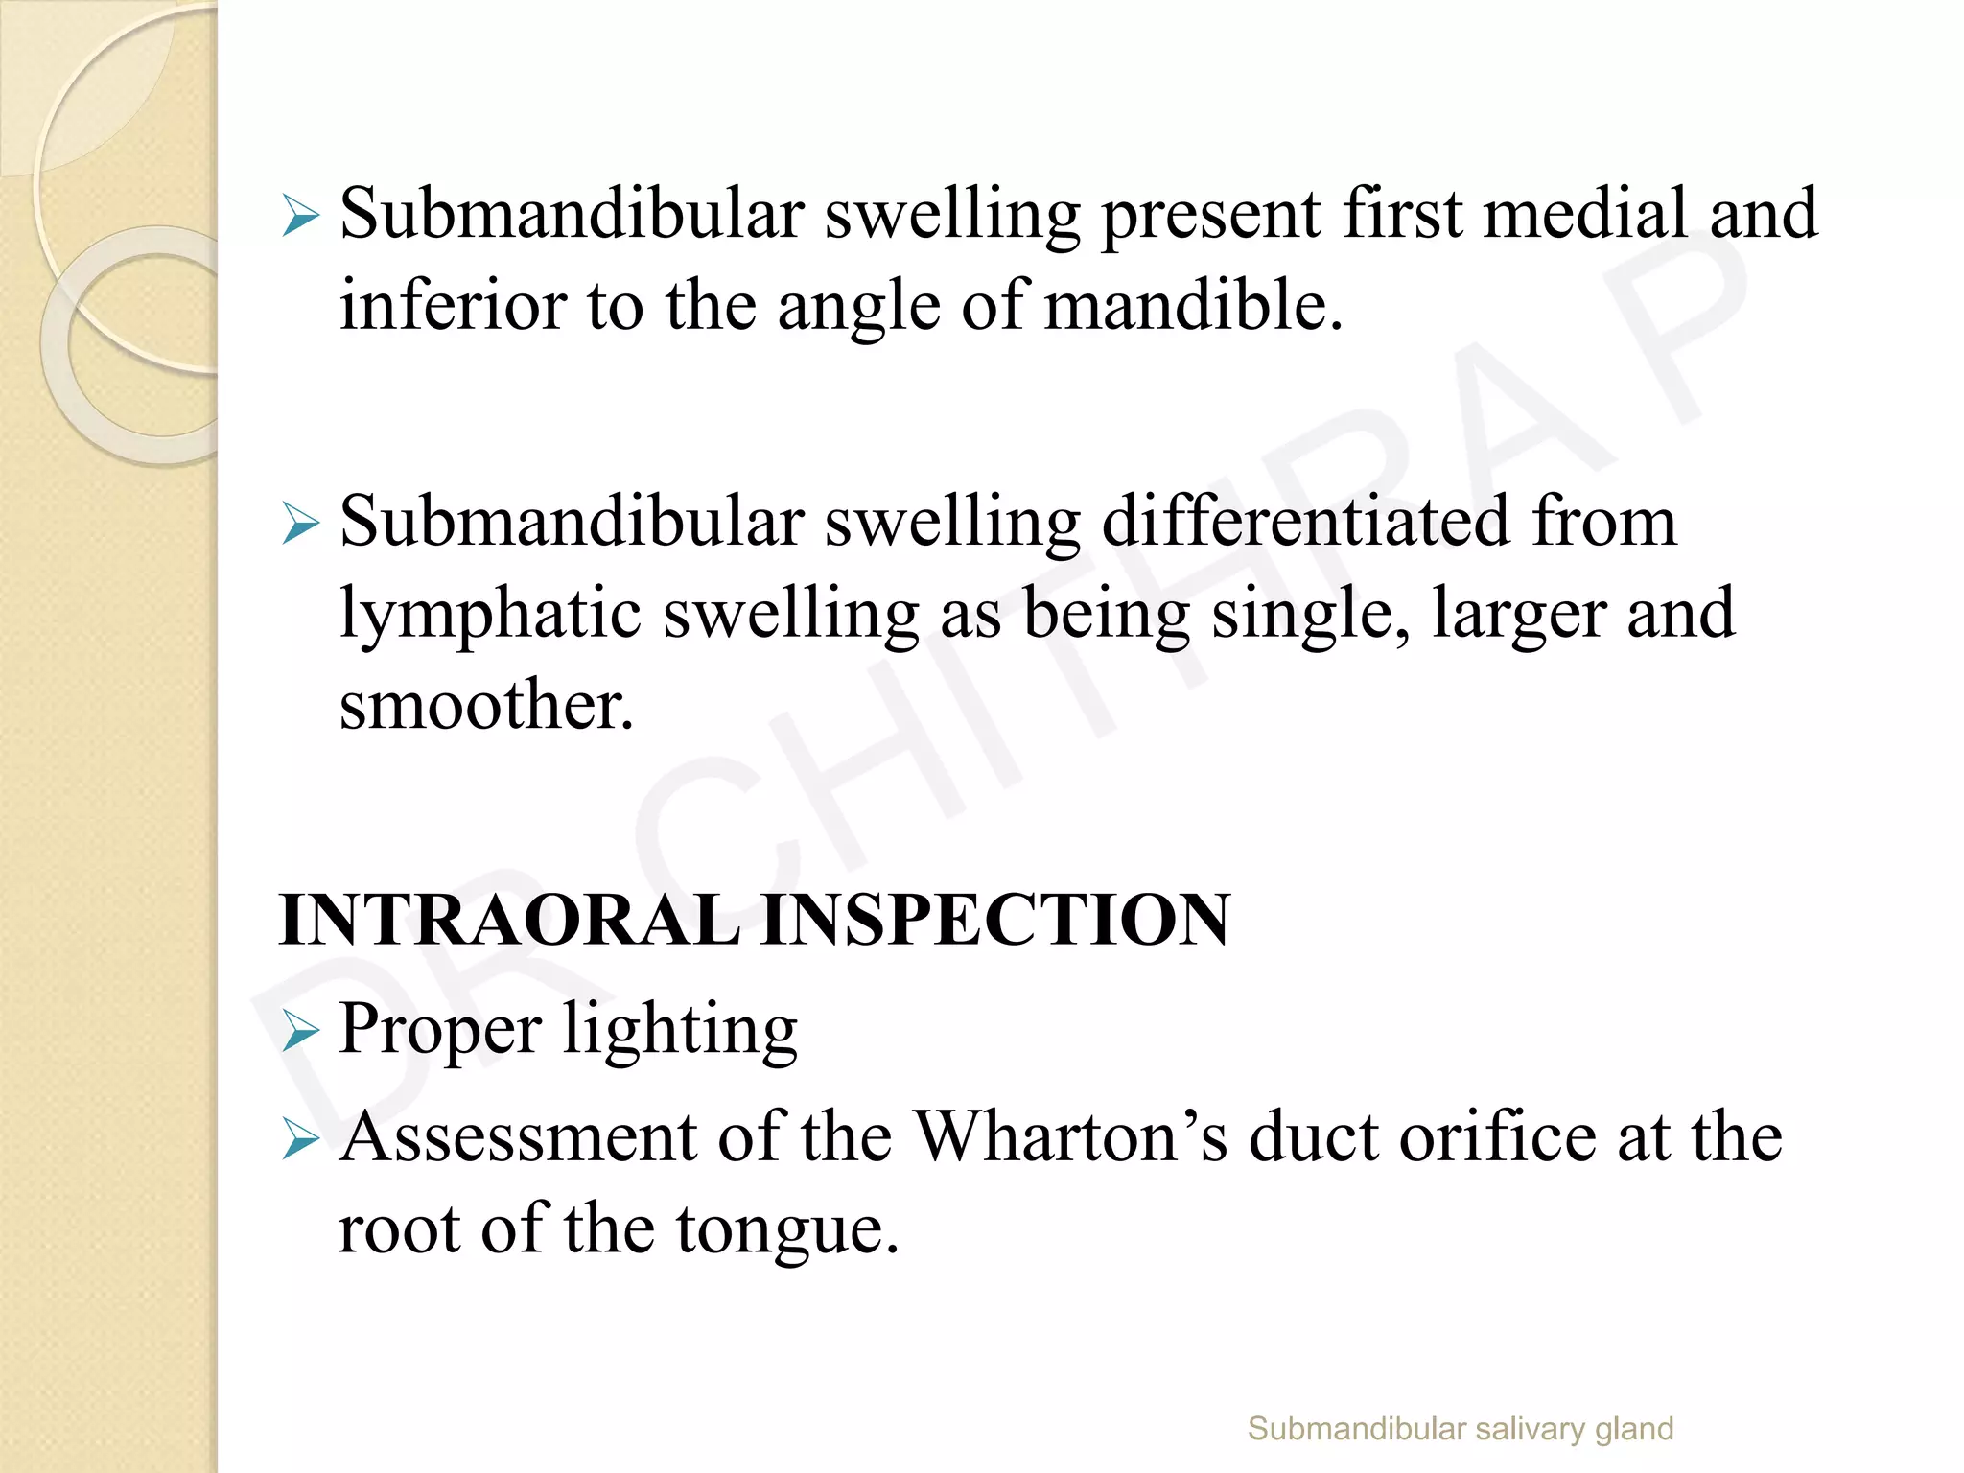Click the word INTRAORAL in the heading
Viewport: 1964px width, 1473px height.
point(508,920)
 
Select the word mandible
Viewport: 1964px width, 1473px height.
point(1193,307)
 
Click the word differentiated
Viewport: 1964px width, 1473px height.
point(1305,524)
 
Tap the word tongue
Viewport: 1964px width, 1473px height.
point(786,1229)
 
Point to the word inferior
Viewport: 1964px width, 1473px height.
point(453,307)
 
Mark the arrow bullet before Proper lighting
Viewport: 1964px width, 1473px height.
point(300,1033)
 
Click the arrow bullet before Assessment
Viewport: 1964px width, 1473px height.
point(300,1141)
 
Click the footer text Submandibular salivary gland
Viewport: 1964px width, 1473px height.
point(1460,1429)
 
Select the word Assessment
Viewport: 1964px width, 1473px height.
point(519,1137)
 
